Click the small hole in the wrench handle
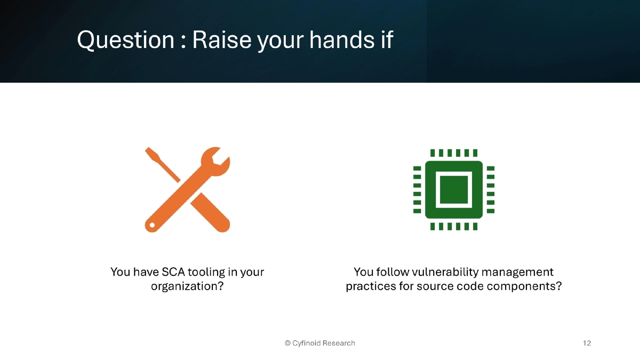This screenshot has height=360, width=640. pyautogui.click(x=153, y=225)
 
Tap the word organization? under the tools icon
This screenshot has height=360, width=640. pyautogui.click(x=187, y=286)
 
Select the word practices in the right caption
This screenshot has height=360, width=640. pyautogui.click(x=370, y=286)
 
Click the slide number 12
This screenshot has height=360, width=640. pyautogui.click(x=587, y=343)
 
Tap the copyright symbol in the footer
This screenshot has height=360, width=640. pyautogui.click(x=287, y=343)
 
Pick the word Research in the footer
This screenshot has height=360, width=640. pyautogui.click(x=339, y=343)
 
